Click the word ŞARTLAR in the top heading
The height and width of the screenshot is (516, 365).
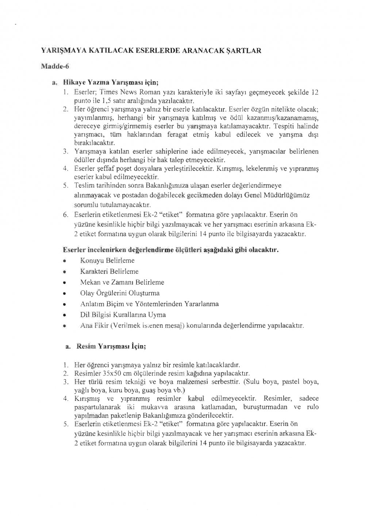pyautogui.click(x=244, y=51)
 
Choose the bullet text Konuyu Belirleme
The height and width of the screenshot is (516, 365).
pyautogui.click(x=107, y=260)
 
